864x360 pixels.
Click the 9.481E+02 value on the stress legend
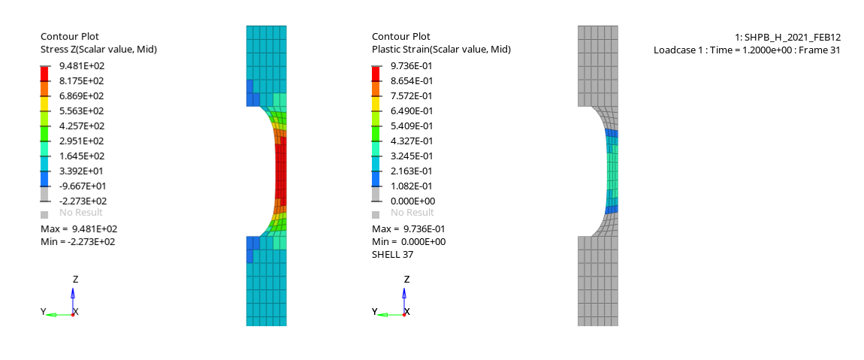pyautogui.click(x=82, y=65)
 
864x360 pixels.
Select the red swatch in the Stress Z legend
pyautogui.click(x=44, y=74)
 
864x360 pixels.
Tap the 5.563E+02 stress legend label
pyautogui.click(x=82, y=110)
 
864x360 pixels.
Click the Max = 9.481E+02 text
pyautogui.click(x=79, y=228)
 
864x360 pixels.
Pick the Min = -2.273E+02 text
pyautogui.click(x=77, y=241)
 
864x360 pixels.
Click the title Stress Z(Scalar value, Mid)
pyautogui.click(x=98, y=50)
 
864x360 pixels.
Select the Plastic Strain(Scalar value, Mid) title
pyautogui.click(x=441, y=50)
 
